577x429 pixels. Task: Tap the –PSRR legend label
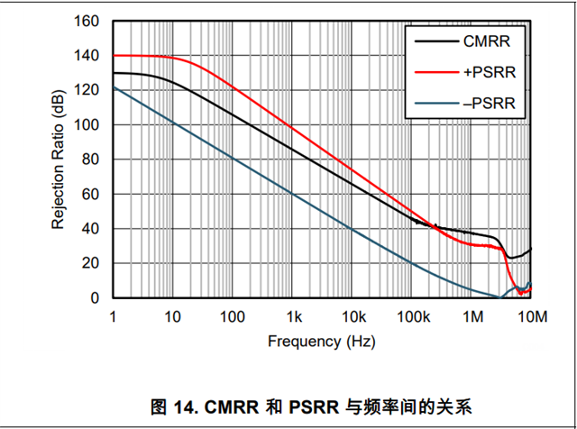(x=489, y=104)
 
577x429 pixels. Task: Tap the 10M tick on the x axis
(x=531, y=316)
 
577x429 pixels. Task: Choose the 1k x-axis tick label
(x=293, y=316)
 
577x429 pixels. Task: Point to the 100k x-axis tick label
(x=411, y=316)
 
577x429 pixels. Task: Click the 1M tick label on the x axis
(x=472, y=316)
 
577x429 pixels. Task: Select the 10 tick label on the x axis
(x=172, y=316)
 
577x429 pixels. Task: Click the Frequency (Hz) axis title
(x=321, y=342)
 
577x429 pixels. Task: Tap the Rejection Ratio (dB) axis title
(x=59, y=160)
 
